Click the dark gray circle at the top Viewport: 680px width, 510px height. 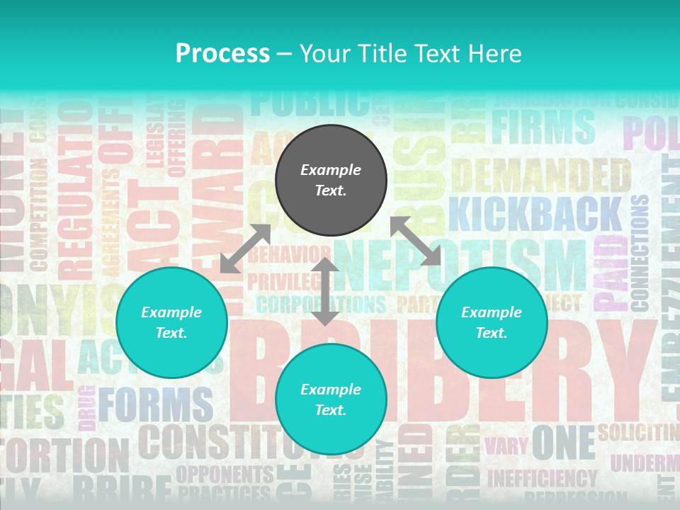pos(331,181)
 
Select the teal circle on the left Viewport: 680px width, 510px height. pos(171,322)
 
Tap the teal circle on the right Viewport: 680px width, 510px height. pos(492,322)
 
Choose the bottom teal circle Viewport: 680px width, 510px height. pos(331,399)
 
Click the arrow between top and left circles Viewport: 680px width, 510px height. pos(245,249)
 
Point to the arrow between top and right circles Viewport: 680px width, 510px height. pos(416,241)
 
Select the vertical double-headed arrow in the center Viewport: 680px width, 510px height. pos(325,291)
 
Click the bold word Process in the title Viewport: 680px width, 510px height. pos(222,53)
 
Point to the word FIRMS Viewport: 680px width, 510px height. pos(543,126)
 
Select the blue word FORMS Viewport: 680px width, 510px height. pos(156,405)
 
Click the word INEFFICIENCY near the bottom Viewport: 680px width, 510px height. pos(542,479)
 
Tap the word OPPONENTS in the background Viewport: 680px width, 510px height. pos(225,473)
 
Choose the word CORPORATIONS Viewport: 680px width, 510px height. pos(321,305)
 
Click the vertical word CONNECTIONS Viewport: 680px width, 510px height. pos(639,251)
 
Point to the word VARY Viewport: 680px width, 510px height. pos(506,446)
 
